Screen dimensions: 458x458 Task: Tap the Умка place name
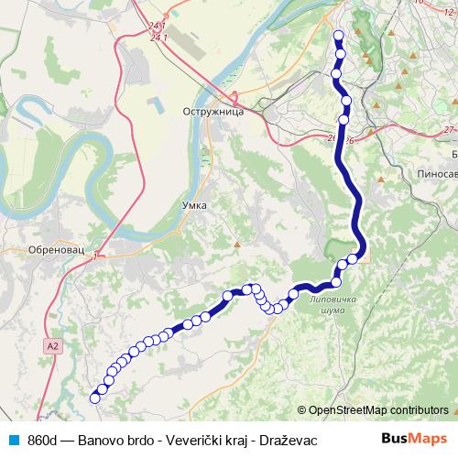tap(194, 206)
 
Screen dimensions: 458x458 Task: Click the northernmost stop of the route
tap(338, 36)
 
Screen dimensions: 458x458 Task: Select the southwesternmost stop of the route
tap(94, 398)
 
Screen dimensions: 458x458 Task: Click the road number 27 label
tap(448, 130)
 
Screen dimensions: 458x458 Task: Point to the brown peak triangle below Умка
tap(236, 245)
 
